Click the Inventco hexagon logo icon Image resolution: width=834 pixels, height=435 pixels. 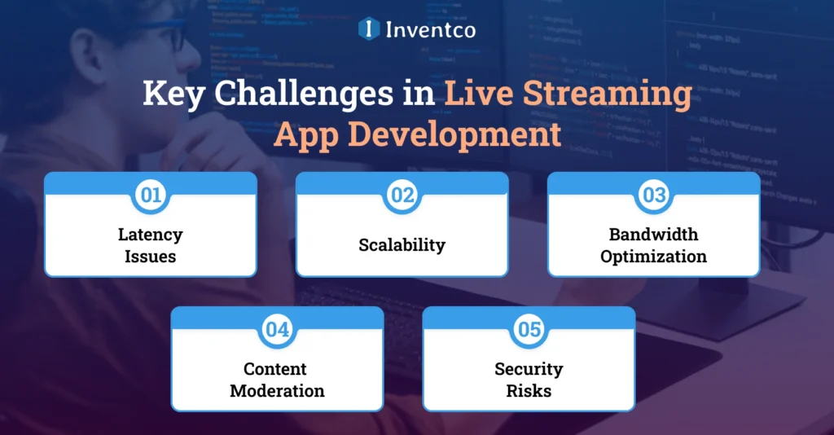(369, 29)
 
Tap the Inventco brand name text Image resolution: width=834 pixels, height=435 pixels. (432, 29)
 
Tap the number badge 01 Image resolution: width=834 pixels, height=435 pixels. (151, 196)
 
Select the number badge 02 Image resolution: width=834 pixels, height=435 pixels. (402, 196)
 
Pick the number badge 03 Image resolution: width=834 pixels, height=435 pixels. (653, 196)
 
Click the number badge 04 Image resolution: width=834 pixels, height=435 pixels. (277, 330)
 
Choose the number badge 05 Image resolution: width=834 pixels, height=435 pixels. (529, 330)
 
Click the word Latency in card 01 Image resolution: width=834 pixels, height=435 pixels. (151, 235)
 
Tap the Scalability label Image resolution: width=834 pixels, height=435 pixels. (402, 244)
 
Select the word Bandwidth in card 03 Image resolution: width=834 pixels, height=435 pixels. (653, 235)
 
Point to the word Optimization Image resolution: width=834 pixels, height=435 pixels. (653, 256)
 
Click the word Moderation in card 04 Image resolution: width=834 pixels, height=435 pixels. (277, 390)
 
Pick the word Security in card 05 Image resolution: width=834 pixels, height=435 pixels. (529, 369)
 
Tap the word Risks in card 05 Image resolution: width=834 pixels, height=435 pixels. (529, 390)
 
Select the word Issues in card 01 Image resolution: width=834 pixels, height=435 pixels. (151, 256)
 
